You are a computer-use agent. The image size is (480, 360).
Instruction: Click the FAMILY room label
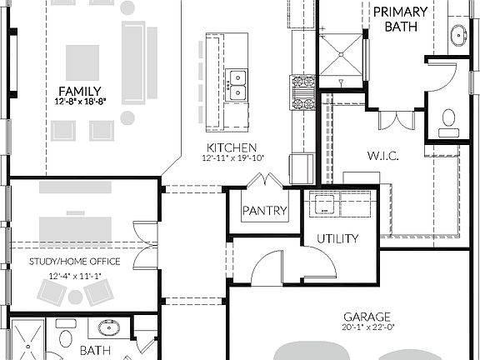[80, 91]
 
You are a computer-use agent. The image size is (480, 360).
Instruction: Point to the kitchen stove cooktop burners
[302, 92]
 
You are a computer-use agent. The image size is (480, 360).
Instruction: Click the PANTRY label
[264, 212]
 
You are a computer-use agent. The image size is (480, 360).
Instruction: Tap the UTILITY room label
[337, 239]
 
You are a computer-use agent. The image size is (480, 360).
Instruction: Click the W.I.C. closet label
[385, 156]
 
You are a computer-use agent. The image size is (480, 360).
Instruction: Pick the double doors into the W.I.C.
[396, 118]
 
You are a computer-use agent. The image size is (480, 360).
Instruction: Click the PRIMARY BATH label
[400, 19]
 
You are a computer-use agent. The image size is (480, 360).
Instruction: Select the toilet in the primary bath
[449, 122]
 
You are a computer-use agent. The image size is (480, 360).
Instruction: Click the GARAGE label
[367, 317]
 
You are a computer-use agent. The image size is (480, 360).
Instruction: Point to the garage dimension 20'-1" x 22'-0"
[367, 327]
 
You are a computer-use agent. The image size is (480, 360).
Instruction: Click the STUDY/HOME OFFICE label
[73, 262]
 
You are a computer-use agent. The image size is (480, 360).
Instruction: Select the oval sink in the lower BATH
[107, 327]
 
